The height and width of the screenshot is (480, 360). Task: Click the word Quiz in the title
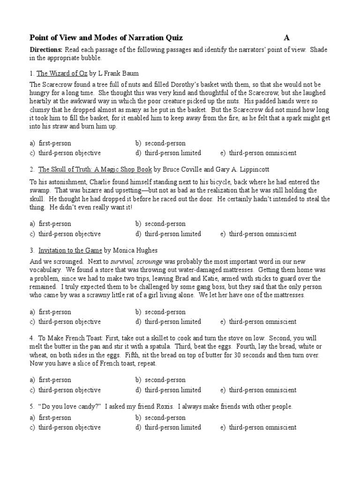pos(172,38)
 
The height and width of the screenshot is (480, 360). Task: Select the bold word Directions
pos(46,50)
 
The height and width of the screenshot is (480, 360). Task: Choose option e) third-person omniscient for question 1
pos(258,153)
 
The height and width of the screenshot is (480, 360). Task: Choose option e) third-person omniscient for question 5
pos(258,427)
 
